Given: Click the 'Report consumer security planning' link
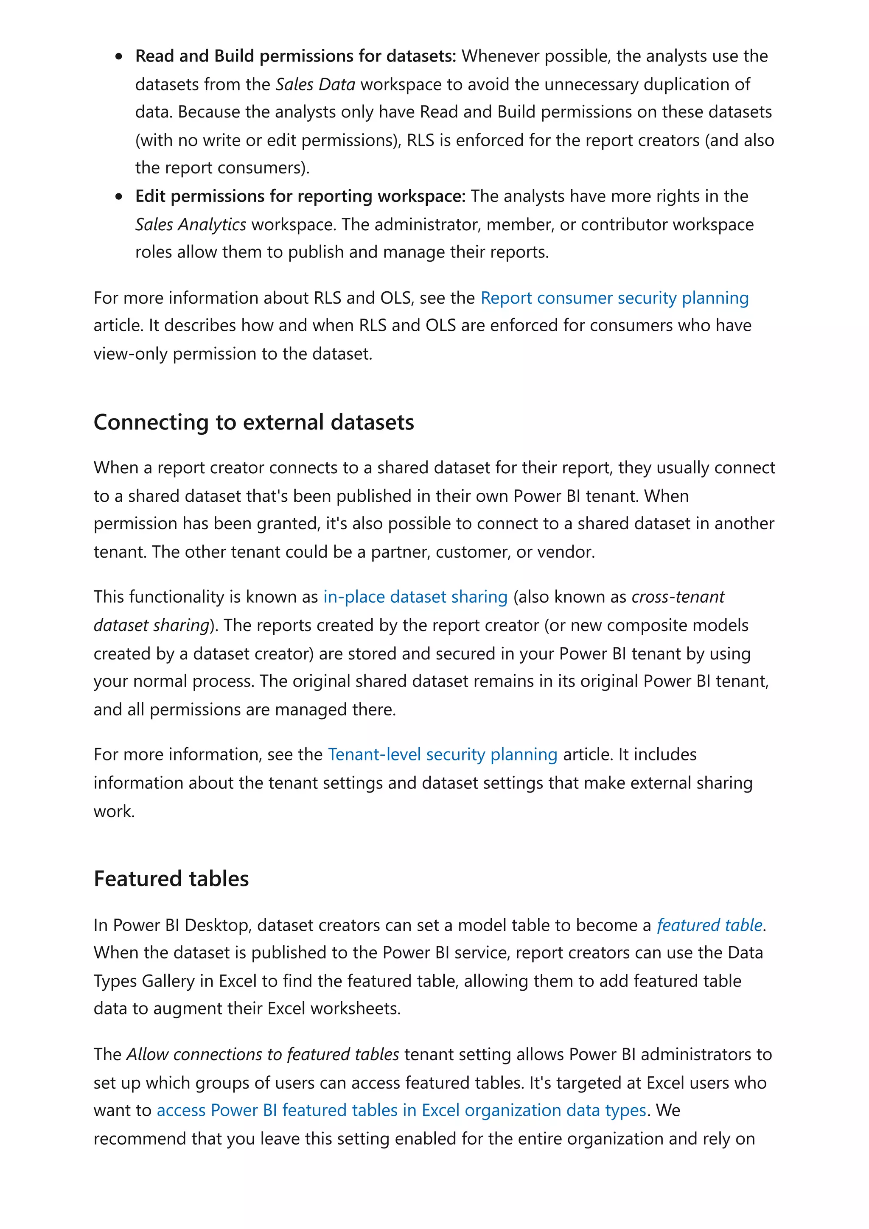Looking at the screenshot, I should point(614,298).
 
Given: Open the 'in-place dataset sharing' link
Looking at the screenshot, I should point(415,597).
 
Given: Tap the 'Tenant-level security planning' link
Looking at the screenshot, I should point(442,755).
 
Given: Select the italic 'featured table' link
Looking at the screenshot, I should point(709,925).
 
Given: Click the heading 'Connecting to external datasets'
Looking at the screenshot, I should point(254,422).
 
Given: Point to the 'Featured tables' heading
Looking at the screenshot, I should point(171,879).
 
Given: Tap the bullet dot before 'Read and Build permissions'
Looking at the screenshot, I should point(119,57).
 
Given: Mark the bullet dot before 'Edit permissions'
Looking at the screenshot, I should point(119,197).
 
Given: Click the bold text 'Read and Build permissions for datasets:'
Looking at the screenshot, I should point(296,56).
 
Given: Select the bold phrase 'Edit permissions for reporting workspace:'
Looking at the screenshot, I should point(300,196).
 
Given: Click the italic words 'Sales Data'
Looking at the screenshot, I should point(315,84).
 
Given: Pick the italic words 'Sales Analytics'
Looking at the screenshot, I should point(191,225).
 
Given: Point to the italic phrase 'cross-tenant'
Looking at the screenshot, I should point(678,597).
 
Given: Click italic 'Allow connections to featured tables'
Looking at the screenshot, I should point(262,1055).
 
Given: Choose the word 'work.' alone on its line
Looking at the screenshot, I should point(114,811).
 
